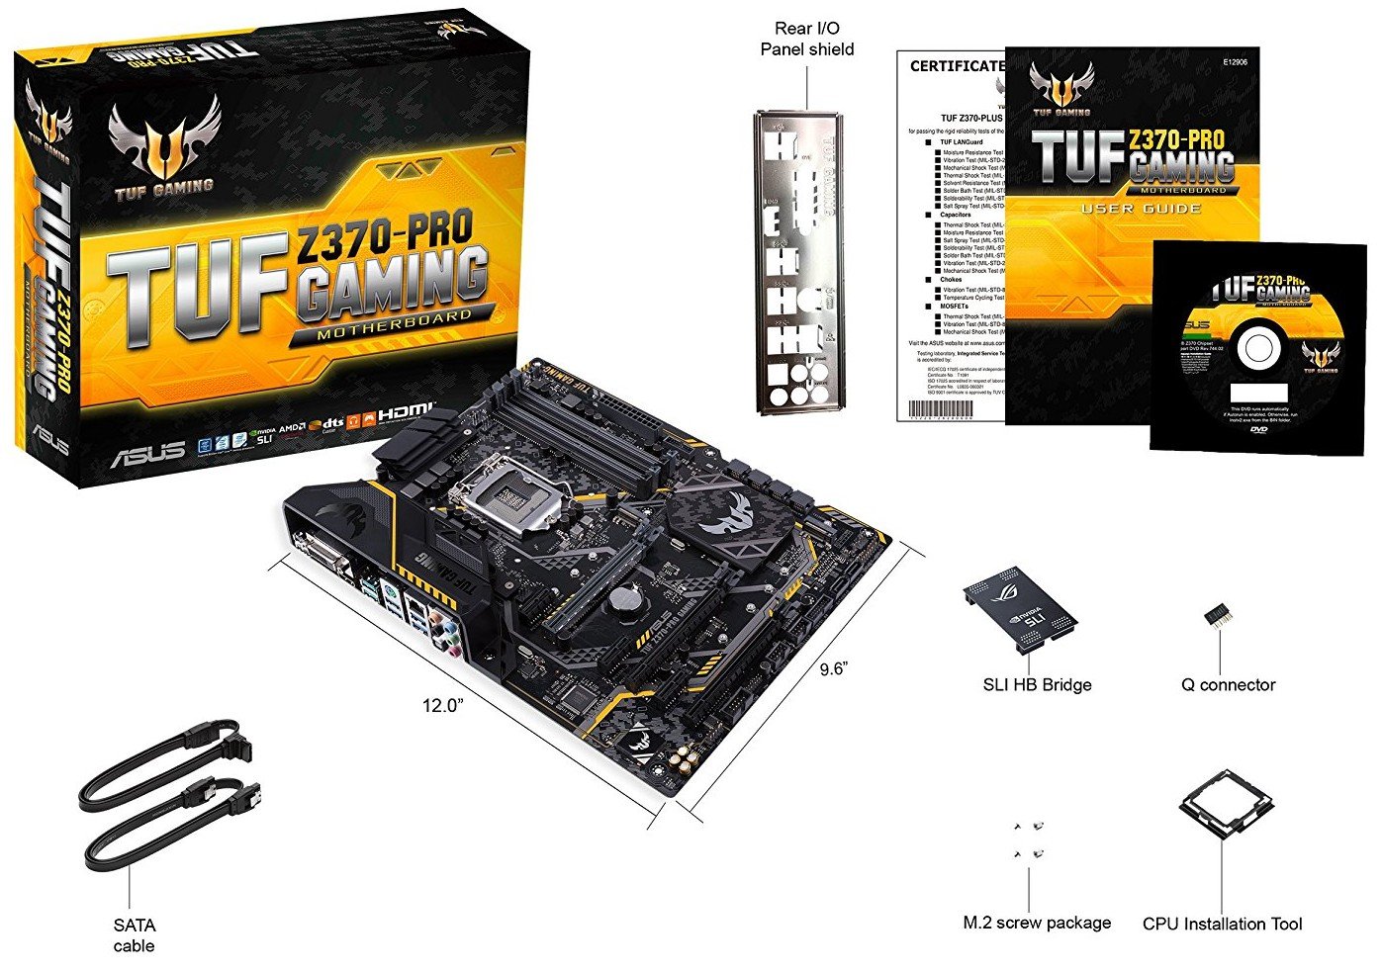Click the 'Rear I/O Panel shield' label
806,39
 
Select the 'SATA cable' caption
134,935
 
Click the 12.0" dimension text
443,706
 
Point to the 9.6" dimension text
833,668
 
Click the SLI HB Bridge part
1020,607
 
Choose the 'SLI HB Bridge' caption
1037,684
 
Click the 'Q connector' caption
1228,684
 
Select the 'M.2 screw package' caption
1037,923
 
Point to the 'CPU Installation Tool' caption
1222,924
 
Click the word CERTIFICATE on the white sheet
957,66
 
